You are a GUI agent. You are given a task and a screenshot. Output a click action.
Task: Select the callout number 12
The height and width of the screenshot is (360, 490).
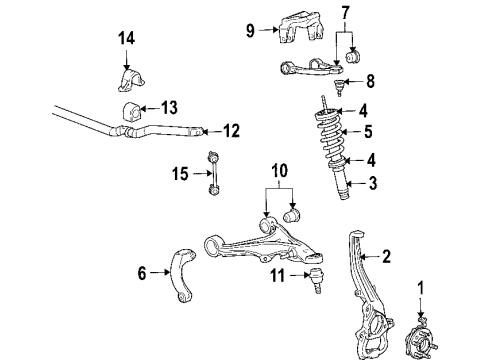(x=232, y=129)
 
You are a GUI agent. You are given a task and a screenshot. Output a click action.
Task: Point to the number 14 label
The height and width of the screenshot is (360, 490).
(x=125, y=39)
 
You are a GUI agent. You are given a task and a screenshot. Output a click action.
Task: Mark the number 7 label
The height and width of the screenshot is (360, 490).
(x=345, y=13)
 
